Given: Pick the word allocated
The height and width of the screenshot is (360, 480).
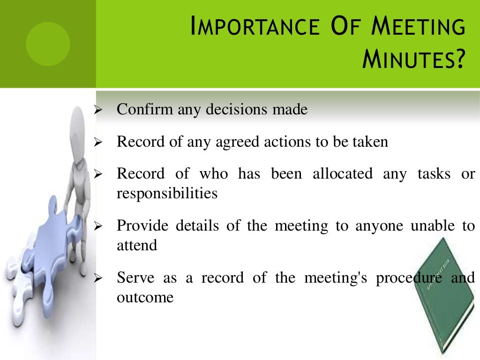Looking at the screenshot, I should pyautogui.click(x=343, y=174).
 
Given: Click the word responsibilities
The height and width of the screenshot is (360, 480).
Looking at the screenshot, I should pyautogui.click(x=167, y=193).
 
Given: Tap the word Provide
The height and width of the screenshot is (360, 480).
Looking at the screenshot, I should pyautogui.click(x=143, y=226).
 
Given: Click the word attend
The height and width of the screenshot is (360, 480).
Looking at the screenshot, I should pyautogui.click(x=137, y=245).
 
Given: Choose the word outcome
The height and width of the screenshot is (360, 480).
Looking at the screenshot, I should pyautogui.click(x=145, y=297).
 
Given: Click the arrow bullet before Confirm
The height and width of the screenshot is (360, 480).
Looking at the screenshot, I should pyautogui.click(x=98, y=111).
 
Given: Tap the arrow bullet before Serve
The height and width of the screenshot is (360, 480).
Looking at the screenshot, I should pyautogui.click(x=98, y=279).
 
